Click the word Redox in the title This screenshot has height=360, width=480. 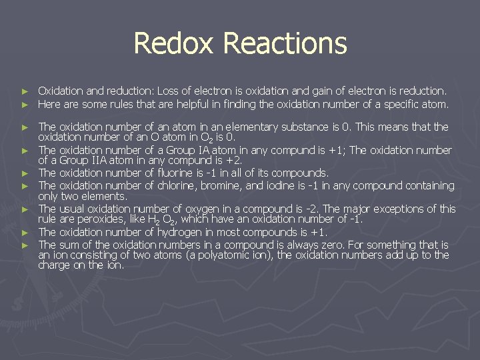pos(175,43)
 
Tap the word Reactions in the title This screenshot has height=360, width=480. pos(285,43)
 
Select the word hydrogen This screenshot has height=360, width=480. pos(180,232)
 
